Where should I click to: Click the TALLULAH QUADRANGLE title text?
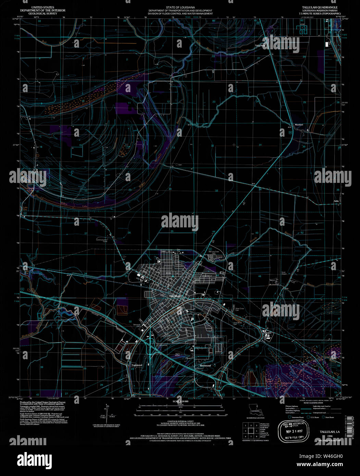pyautogui.click(x=315, y=7)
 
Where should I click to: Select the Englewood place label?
pyautogui.click(x=137, y=365)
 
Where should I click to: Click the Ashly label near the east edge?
pyautogui.click(x=336, y=201)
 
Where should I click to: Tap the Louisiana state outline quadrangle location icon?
pyautogui.click(x=254, y=409)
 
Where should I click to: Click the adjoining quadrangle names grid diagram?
pyautogui.click(x=250, y=430)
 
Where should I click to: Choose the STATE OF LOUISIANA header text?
pyautogui.click(x=180, y=7)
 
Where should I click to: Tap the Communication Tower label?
pyautogui.click(x=102, y=241)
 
